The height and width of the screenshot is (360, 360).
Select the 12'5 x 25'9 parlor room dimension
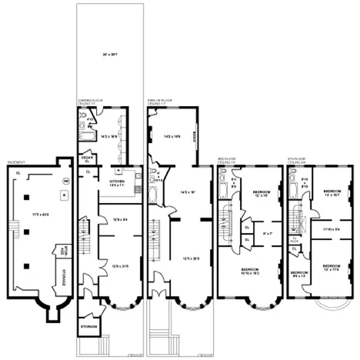[183, 259]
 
